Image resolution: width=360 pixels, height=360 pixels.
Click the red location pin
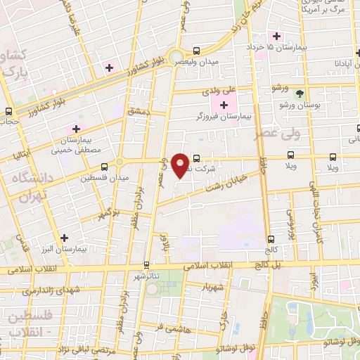(180, 164)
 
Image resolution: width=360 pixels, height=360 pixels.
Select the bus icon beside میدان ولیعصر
(196, 51)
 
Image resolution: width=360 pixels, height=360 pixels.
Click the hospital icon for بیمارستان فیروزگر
(224, 105)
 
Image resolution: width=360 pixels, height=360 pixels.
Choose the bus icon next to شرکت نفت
(196, 157)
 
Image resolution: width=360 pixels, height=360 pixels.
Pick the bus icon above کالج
(271, 240)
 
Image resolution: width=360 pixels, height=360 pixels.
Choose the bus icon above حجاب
(8, 110)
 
